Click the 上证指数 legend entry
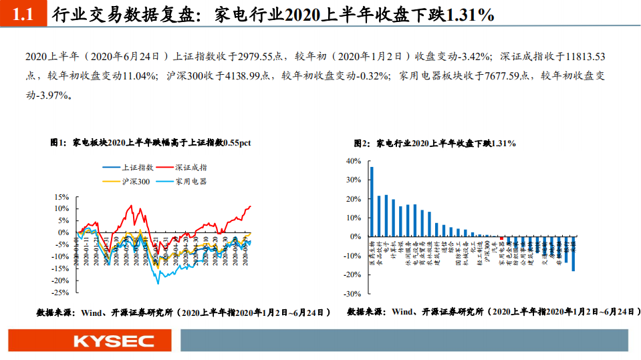pos(138,168)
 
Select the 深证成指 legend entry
pos(191,168)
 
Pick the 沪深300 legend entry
pos(136,181)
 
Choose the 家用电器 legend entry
pos(191,181)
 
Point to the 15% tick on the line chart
pos(61,197)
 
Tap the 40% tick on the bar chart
pos(352,161)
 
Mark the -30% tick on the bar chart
pos(351,293)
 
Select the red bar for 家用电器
pos(502,238)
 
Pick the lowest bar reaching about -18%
pos(573,253)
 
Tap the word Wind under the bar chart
pos(404,312)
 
